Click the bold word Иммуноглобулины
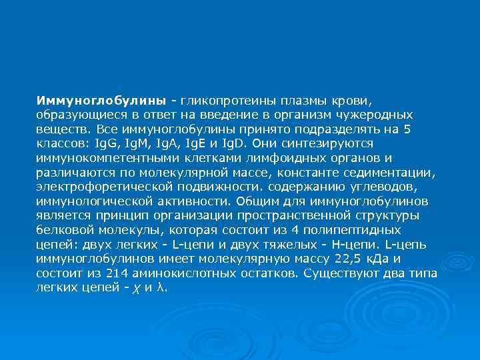point(101,101)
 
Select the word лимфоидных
point(265,158)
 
